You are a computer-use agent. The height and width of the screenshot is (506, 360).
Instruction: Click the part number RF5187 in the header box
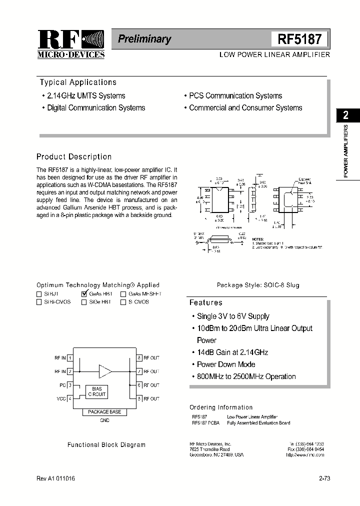299,39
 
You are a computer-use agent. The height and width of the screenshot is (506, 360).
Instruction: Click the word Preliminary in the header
144,39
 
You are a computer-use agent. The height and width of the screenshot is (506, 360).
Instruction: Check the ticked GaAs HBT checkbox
84,294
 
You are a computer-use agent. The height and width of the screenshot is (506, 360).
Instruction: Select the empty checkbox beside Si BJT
39,294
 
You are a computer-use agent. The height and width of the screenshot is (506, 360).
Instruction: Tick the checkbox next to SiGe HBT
84,302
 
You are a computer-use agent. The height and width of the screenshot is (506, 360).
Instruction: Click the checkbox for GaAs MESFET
123,294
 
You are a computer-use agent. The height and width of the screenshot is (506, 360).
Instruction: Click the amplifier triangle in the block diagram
105,371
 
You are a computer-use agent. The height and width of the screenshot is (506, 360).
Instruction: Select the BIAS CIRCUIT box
96,391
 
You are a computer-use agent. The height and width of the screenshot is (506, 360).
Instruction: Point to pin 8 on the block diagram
139,357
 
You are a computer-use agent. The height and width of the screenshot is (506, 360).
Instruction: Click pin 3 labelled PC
70,385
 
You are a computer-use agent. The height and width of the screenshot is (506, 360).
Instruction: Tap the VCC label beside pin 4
61,398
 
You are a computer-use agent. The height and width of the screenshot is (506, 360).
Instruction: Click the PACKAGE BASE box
104,412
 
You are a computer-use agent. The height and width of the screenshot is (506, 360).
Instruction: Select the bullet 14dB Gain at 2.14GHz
232,352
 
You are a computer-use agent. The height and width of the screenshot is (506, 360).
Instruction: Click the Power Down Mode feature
226,364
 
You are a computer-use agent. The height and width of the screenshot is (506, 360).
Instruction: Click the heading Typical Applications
77,82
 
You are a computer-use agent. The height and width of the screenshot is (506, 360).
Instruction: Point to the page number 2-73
324,478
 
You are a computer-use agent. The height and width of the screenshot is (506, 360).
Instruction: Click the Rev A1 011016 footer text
56,478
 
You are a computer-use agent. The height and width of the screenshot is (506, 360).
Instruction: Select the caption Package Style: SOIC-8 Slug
258,285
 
